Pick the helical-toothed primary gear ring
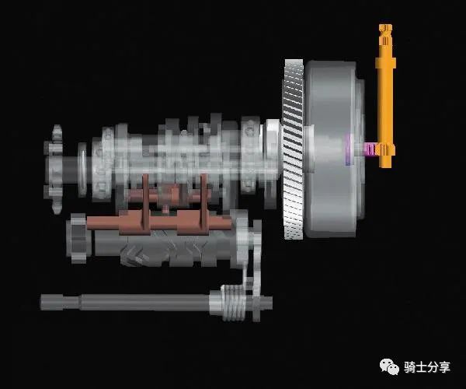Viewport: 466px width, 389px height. pos(294,148)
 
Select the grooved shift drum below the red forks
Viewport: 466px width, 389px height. pos(163,249)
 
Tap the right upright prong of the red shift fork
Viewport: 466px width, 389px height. pos(204,198)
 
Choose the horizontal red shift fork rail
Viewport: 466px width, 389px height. pos(155,223)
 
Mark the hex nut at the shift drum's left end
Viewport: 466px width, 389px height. pos(77,233)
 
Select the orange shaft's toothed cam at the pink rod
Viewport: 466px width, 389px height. pos(381,148)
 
